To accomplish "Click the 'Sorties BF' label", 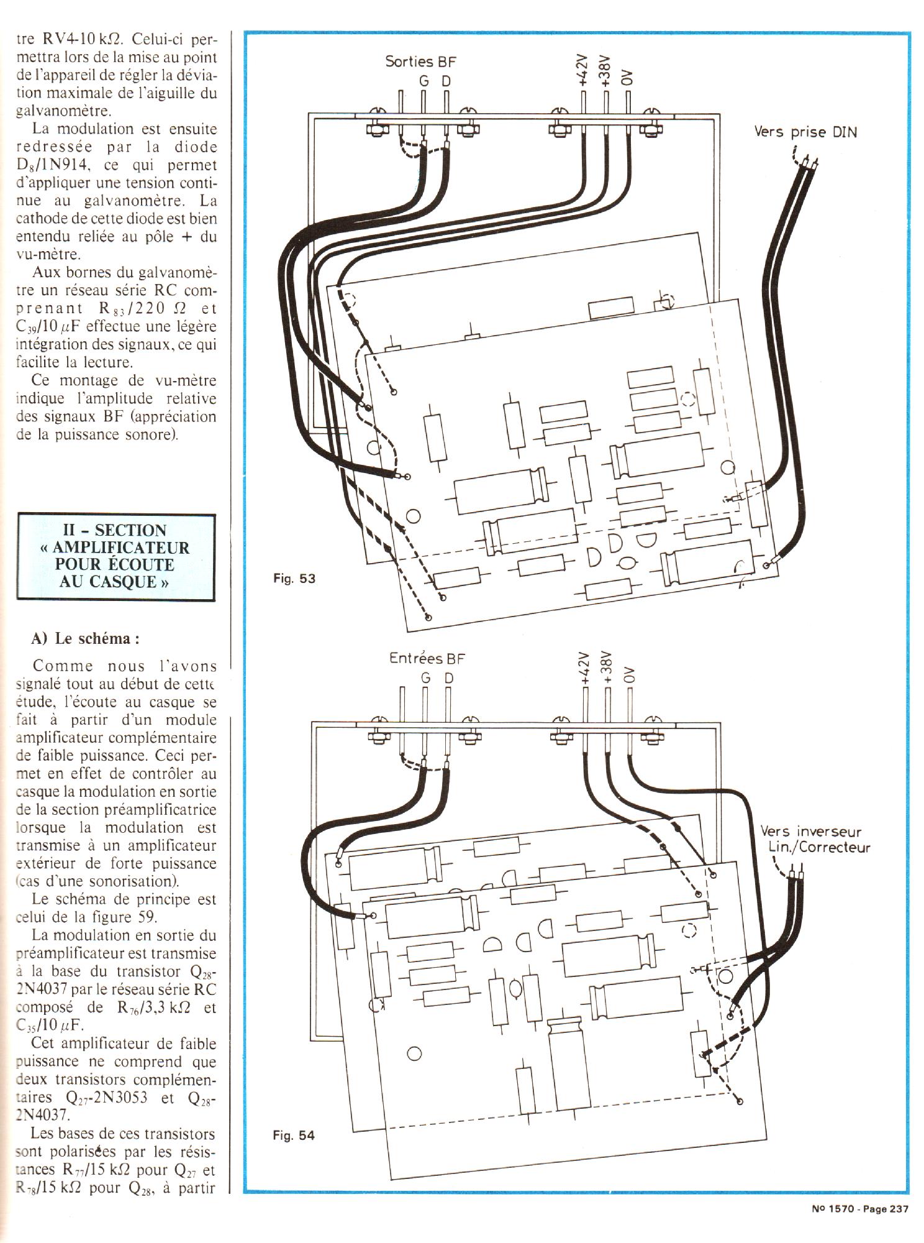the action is coord(420,61).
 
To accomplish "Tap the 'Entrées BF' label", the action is coord(427,658).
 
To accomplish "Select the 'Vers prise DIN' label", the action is coord(805,132).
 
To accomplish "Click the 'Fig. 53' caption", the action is coord(294,579).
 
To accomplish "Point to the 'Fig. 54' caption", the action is coord(294,1135).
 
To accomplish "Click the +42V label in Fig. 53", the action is coord(582,69).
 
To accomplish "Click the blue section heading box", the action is coord(116,556).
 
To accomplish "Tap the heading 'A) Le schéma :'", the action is coord(85,638).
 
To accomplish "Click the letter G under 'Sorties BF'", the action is coord(424,81).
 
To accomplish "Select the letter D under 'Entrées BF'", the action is coord(448,678).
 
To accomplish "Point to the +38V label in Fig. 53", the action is coord(605,69).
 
